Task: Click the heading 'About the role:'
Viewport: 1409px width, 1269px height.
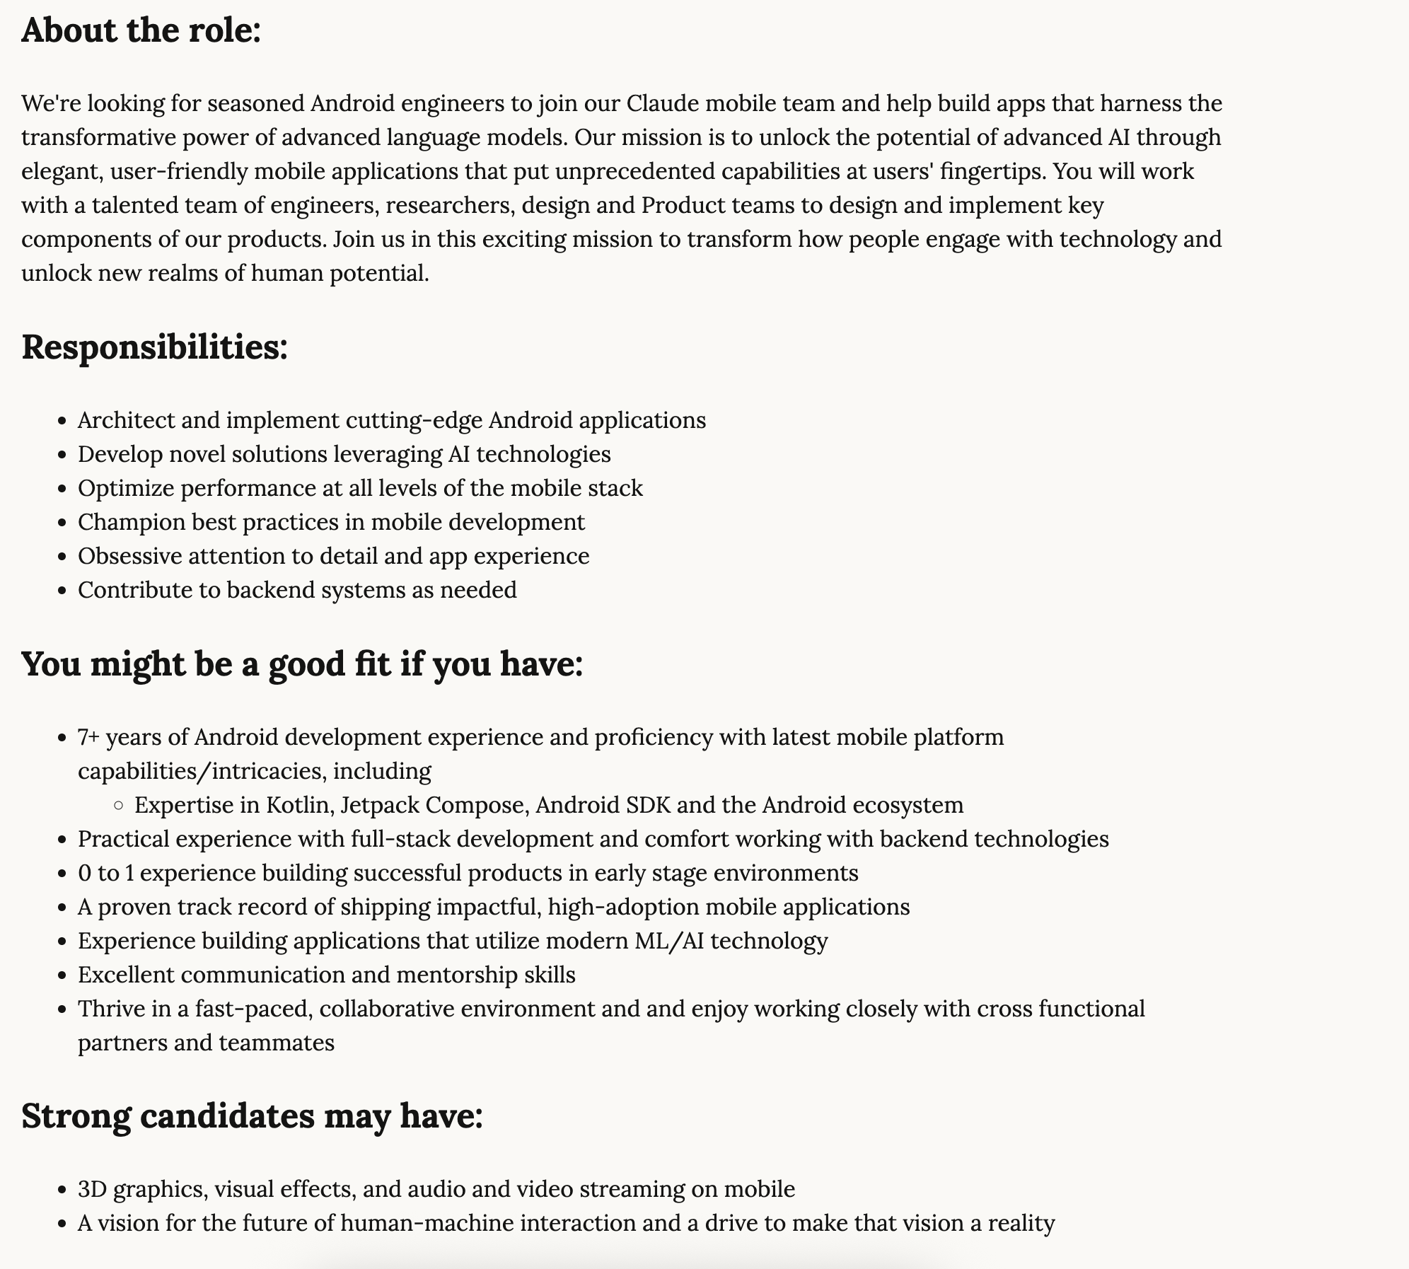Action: point(141,31)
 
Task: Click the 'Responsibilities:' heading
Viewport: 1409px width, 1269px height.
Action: point(155,348)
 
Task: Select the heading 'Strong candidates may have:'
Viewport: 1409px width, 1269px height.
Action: point(252,1116)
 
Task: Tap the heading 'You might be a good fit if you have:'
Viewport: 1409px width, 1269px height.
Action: point(302,665)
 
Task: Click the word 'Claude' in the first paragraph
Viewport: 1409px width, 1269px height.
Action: point(663,104)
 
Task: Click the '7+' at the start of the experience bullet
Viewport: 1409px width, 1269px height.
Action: point(88,737)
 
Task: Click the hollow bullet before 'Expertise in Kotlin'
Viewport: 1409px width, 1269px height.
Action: point(119,806)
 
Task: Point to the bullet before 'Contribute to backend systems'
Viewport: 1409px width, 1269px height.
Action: point(62,591)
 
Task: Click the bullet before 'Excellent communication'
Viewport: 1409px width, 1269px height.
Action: point(62,975)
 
